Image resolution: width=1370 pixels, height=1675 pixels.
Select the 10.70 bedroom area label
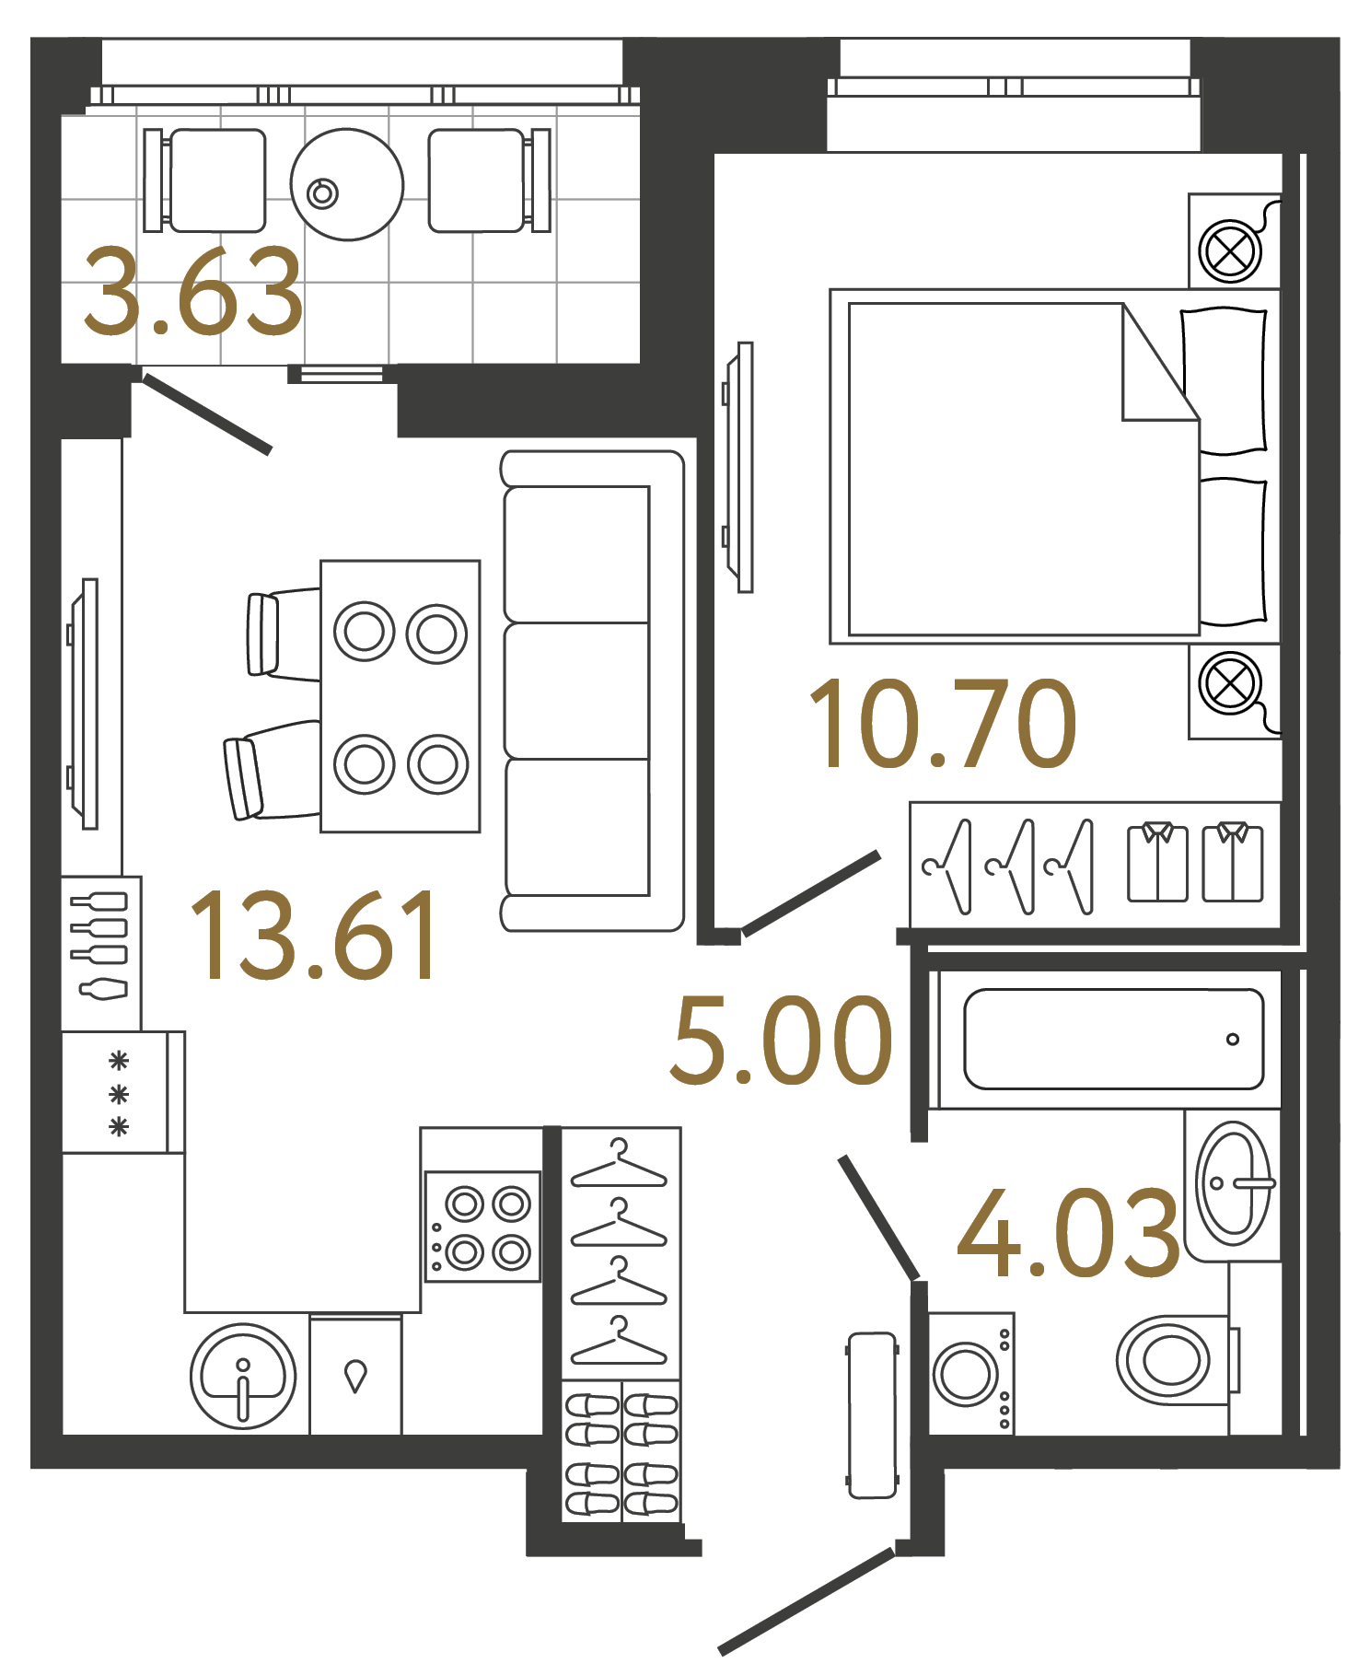point(942,725)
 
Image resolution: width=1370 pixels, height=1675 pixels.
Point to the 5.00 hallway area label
point(781,1041)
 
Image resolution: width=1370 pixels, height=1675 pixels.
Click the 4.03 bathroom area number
point(1068,1234)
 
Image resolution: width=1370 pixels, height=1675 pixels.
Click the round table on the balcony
point(347,184)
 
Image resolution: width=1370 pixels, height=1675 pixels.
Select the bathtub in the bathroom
point(1113,1040)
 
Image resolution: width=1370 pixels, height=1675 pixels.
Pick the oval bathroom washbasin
point(1232,1182)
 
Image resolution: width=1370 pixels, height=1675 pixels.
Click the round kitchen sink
point(243,1376)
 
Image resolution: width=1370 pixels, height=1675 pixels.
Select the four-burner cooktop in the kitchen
point(482,1227)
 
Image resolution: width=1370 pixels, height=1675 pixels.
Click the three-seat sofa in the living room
point(592,691)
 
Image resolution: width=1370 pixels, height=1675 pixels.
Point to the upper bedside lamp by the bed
point(1230,250)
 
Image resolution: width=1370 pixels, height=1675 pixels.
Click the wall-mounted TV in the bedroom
point(739,467)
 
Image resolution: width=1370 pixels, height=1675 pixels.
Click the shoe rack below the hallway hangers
point(621,1450)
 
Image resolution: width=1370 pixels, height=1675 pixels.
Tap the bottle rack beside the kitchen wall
point(101,952)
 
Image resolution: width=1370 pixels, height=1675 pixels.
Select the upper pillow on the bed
point(1225,380)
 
